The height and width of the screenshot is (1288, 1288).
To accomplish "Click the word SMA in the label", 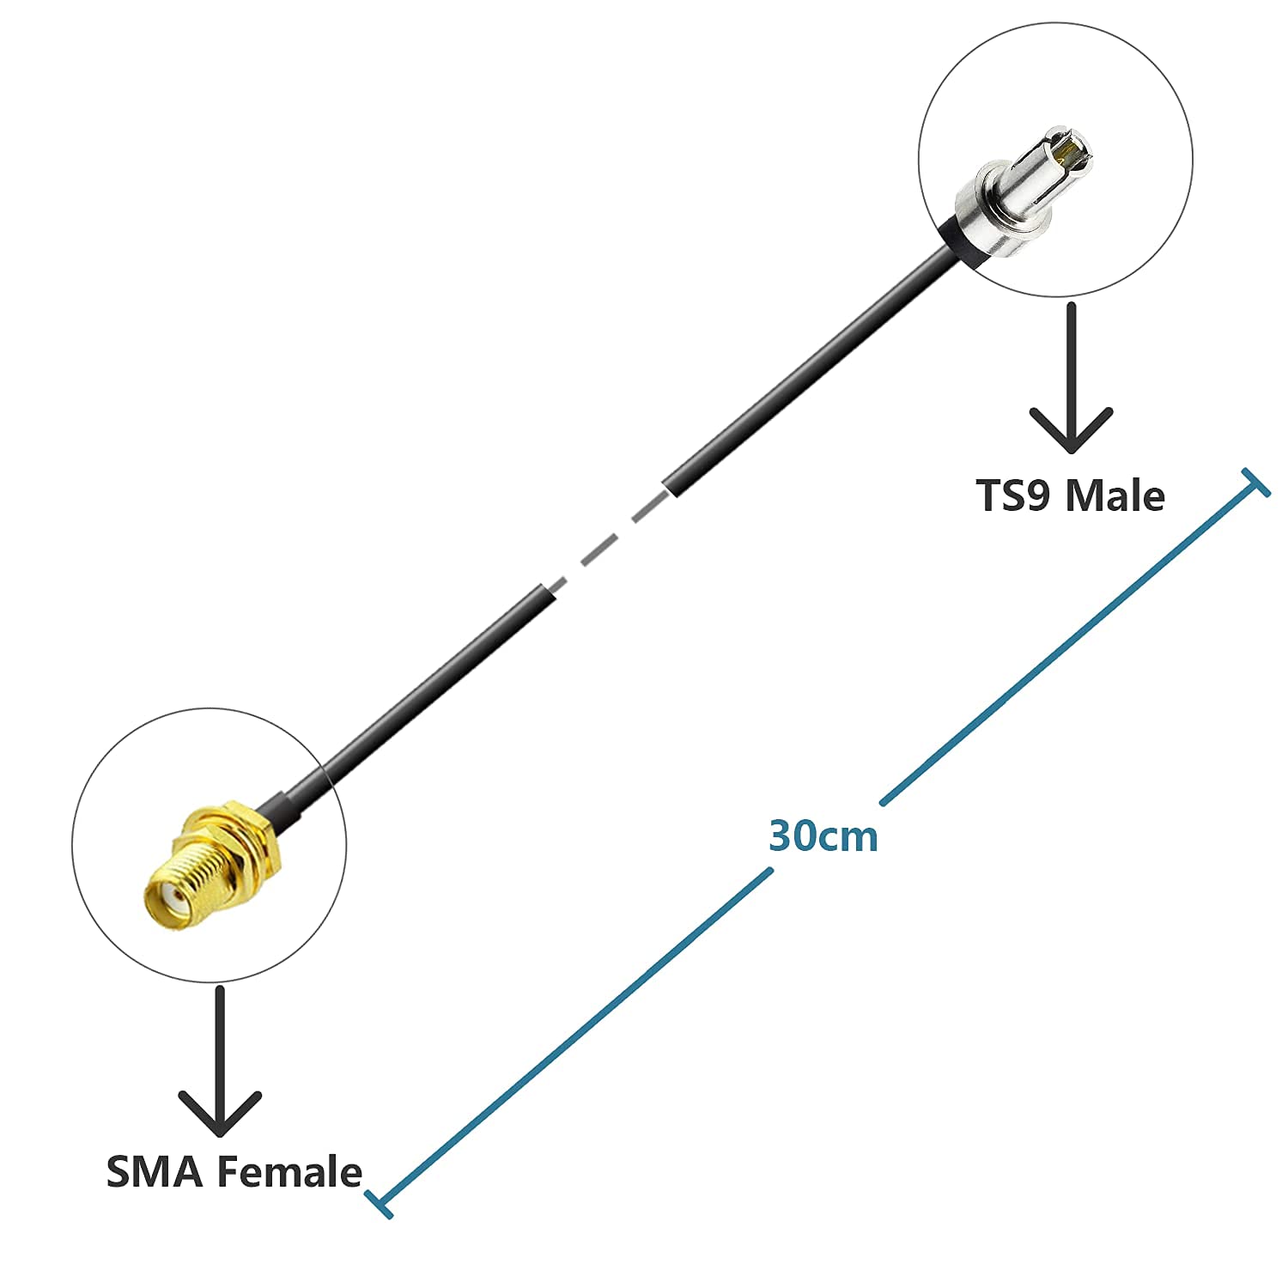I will [154, 1172].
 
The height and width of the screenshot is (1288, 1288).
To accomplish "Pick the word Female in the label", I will [289, 1172].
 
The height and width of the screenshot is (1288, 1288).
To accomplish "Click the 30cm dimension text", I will [823, 836].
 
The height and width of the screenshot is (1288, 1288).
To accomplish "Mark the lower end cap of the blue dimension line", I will [379, 1203].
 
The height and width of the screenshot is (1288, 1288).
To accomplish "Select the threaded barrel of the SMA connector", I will [193, 880].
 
